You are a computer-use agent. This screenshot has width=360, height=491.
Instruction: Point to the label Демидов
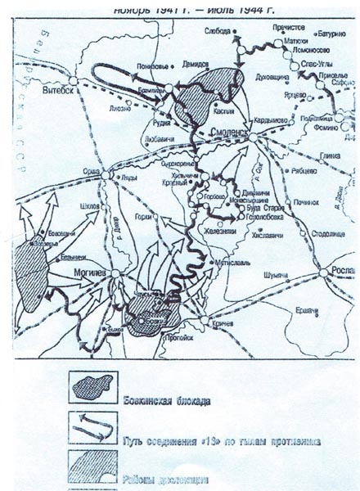pos(189,61)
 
